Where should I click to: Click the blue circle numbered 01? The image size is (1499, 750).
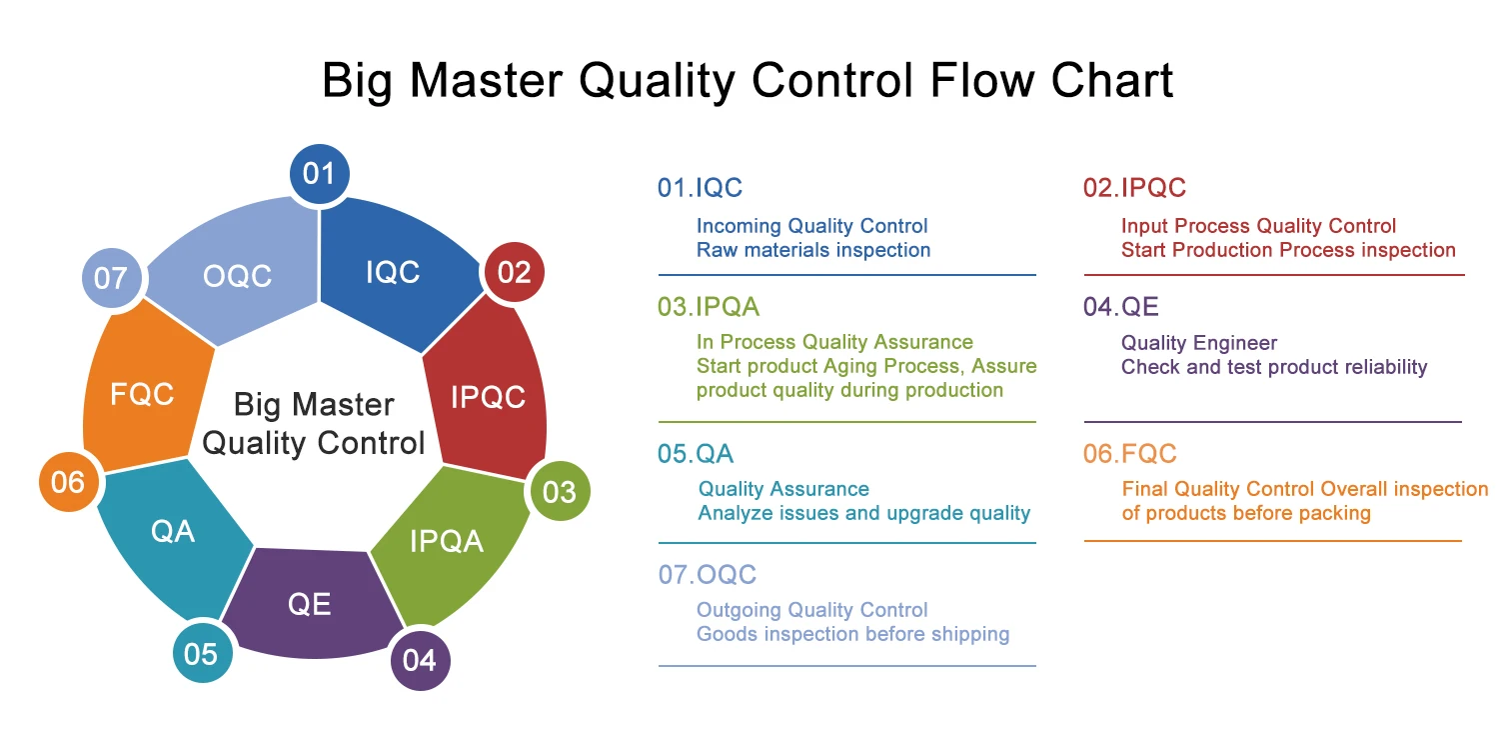pyautogui.click(x=319, y=174)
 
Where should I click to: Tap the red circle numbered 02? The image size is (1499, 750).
pyautogui.click(x=514, y=271)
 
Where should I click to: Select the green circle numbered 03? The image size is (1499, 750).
pyautogui.click(x=560, y=491)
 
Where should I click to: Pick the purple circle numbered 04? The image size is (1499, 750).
pyautogui.click(x=420, y=660)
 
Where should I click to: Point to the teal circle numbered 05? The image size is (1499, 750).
pyautogui.click(x=201, y=653)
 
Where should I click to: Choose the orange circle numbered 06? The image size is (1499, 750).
pyautogui.click(x=68, y=482)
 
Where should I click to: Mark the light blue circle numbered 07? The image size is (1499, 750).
pyautogui.click(x=110, y=277)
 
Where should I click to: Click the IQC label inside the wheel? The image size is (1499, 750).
pyautogui.click(x=393, y=272)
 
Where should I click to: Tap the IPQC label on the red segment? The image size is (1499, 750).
pyautogui.click(x=488, y=397)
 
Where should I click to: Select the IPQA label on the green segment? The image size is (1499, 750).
pyautogui.click(x=446, y=541)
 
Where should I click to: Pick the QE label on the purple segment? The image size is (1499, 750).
pyautogui.click(x=309, y=604)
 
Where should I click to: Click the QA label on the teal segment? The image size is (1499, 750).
pyautogui.click(x=173, y=531)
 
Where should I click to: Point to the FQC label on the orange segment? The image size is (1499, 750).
pyautogui.click(x=142, y=394)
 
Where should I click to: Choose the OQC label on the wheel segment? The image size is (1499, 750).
pyautogui.click(x=237, y=276)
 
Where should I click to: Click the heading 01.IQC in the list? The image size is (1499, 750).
pyautogui.click(x=700, y=187)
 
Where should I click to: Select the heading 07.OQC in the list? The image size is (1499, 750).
pyautogui.click(x=707, y=575)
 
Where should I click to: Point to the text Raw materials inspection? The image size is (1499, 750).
pyautogui.click(x=813, y=250)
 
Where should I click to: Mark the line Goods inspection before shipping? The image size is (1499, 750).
pyautogui.click(x=852, y=634)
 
